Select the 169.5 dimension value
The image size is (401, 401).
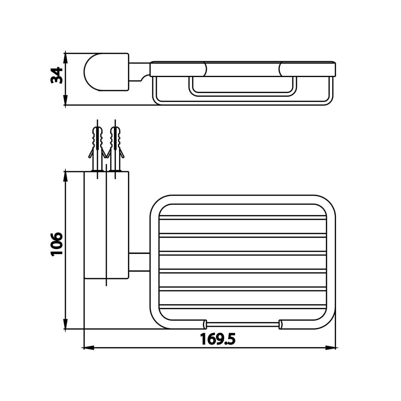218,339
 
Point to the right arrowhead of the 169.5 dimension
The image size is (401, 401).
330,348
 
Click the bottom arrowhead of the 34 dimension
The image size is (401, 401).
65,100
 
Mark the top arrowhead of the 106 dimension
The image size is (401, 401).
65,176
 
